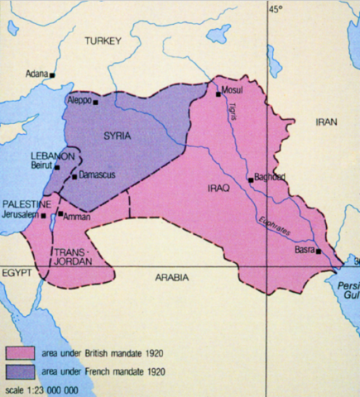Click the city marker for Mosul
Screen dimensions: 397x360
pos(218,94)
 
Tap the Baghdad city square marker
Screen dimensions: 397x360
pos(249,179)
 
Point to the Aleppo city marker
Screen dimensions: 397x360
pos(96,103)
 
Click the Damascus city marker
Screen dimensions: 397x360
pos(74,175)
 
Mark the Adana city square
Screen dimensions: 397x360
pos(52,74)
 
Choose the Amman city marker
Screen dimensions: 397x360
pos(59,213)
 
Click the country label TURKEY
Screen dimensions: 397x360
pos(102,41)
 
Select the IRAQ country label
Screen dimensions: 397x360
pos(211,189)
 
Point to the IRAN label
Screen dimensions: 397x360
pos(327,122)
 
